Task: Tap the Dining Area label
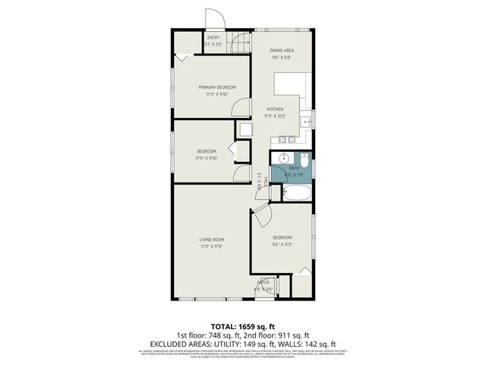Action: [x=282, y=50]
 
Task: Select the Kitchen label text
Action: [x=274, y=109]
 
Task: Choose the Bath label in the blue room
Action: [x=292, y=167]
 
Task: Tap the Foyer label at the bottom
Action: [x=263, y=282]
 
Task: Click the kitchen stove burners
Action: [x=288, y=139]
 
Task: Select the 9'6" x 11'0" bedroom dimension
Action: [x=282, y=245]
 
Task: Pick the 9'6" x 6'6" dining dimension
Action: [x=282, y=57]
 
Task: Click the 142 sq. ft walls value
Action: [x=320, y=344]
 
